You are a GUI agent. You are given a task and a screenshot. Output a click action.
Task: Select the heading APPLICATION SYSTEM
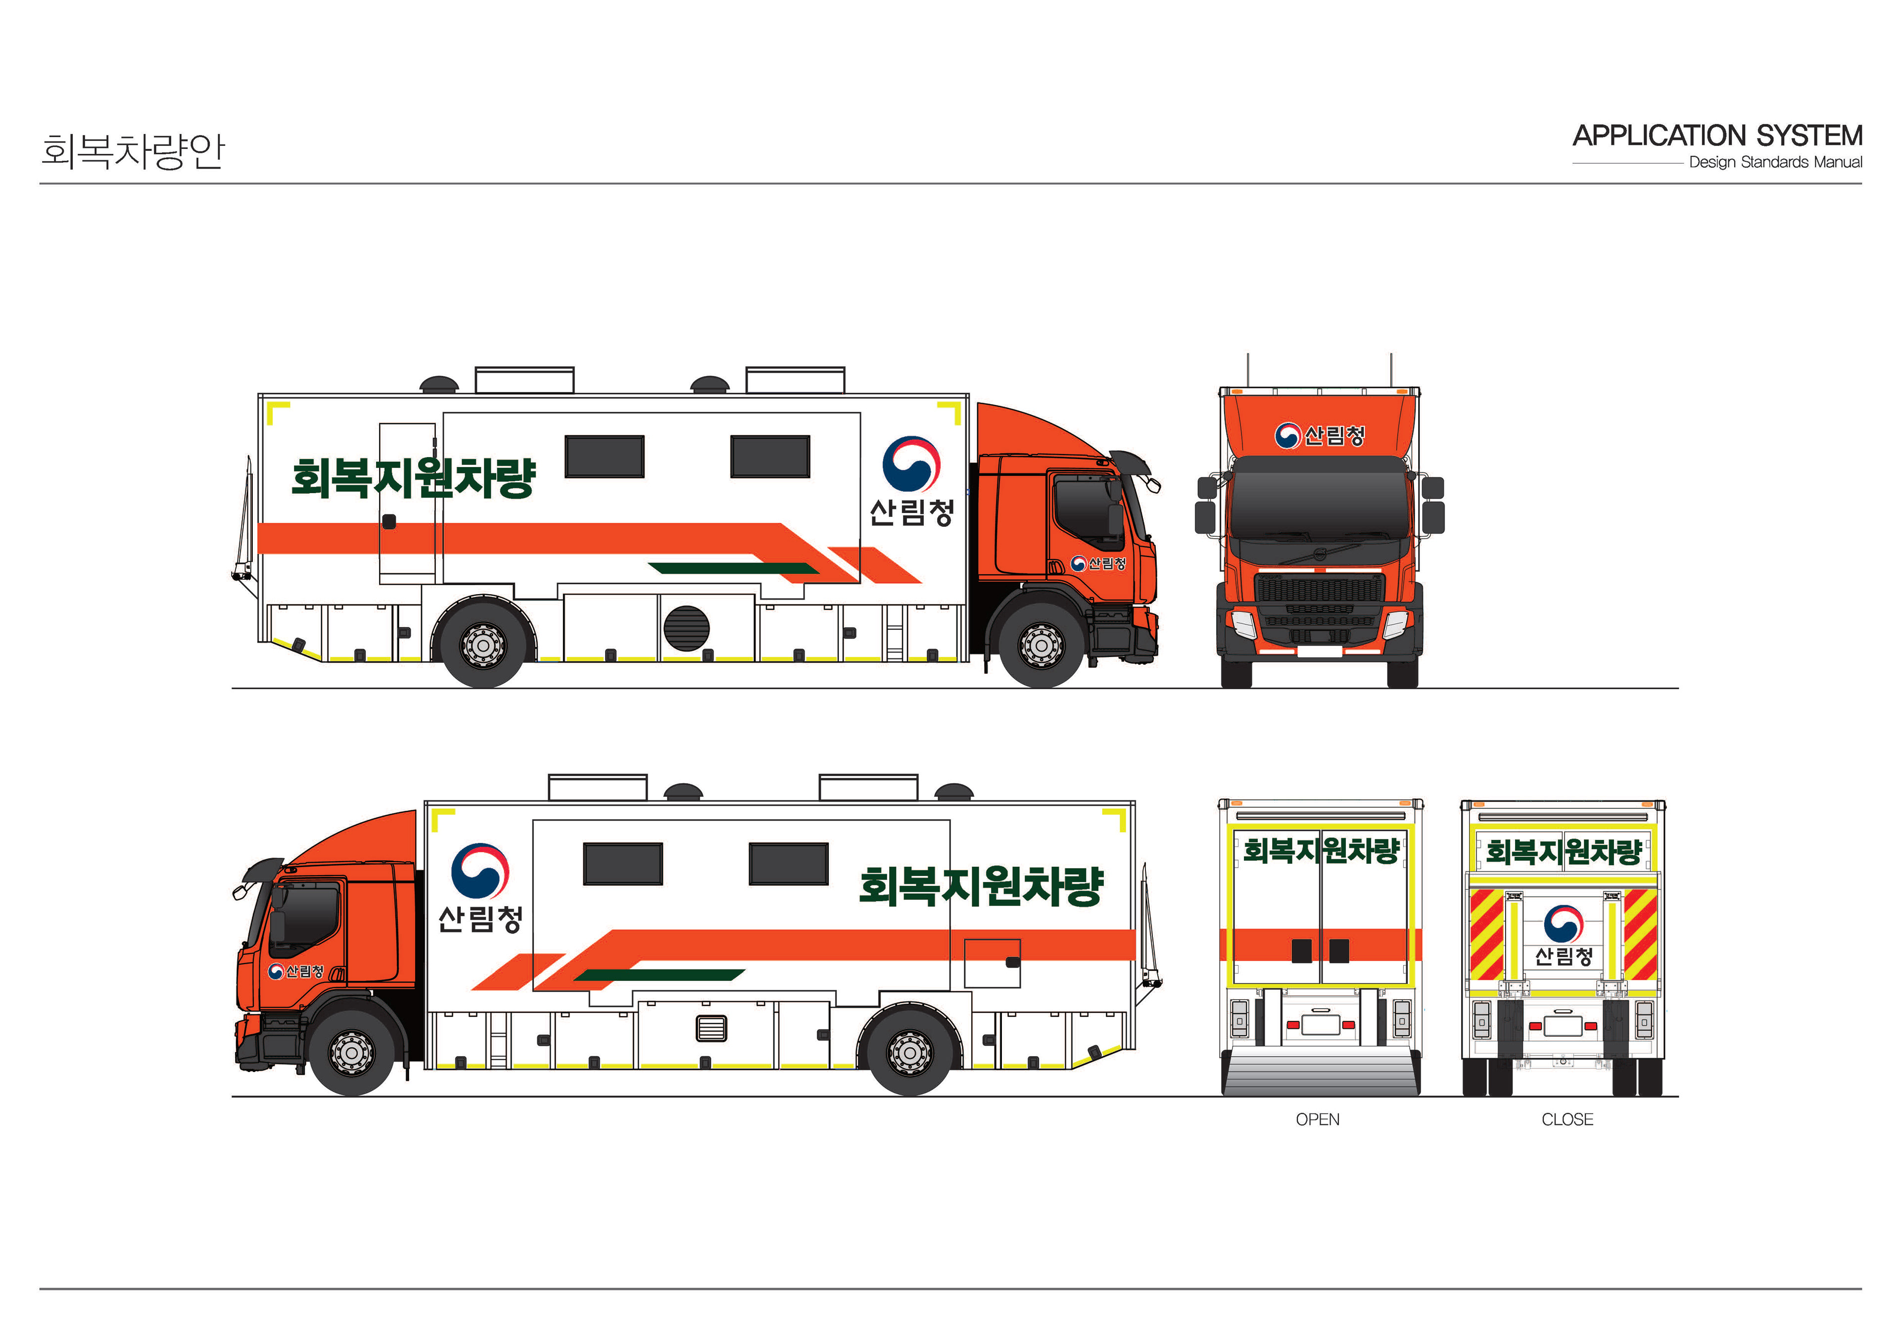point(1717,136)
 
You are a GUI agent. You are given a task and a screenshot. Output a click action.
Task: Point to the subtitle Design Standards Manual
point(1775,162)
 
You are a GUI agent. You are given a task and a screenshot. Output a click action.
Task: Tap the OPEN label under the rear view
point(1318,1119)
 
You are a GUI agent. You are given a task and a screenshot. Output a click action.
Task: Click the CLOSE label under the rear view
point(1567,1119)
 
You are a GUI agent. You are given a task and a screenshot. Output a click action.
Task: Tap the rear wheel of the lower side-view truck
point(910,1053)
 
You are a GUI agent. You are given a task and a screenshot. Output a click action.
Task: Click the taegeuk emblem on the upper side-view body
point(911,464)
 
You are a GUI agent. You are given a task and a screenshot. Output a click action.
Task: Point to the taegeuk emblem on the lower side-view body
point(480,871)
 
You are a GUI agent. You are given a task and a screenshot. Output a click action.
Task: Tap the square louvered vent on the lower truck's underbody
point(712,1028)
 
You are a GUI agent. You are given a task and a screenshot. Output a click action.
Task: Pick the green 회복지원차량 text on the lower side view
point(982,885)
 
